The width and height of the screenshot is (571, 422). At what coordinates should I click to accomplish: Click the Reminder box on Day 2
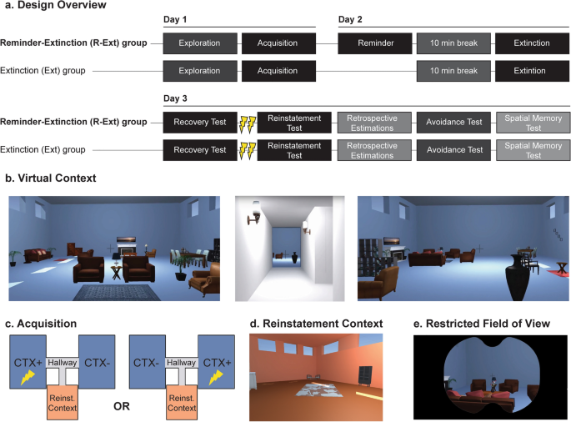tap(375, 43)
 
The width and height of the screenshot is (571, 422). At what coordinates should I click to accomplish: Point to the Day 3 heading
tap(175, 98)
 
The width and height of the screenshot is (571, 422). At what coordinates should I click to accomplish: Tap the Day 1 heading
tap(175, 19)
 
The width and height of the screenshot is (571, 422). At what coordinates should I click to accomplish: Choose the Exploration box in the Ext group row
tap(200, 71)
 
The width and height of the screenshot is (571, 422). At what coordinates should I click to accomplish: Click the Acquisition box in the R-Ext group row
tap(278, 43)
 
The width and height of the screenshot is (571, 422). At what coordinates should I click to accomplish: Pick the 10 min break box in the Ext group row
tap(453, 71)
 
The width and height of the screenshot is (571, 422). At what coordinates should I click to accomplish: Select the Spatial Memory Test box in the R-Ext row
tap(533, 123)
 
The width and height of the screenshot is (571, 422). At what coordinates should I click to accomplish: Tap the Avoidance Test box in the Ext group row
tap(454, 150)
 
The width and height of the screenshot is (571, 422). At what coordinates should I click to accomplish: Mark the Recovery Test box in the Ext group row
tap(200, 150)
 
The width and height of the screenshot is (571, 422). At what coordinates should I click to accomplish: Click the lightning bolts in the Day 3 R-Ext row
tap(248, 124)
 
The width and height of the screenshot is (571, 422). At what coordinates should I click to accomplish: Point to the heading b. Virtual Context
tap(51, 178)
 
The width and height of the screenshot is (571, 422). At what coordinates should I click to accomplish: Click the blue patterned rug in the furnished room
tap(117, 292)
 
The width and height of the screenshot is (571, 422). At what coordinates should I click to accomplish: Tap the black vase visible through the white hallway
tap(294, 257)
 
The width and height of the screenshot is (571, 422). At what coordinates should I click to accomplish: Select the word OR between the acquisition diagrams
tap(122, 406)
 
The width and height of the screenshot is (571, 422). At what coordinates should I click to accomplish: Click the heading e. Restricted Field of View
tap(482, 324)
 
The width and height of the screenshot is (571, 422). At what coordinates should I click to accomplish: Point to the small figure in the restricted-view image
tap(493, 384)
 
